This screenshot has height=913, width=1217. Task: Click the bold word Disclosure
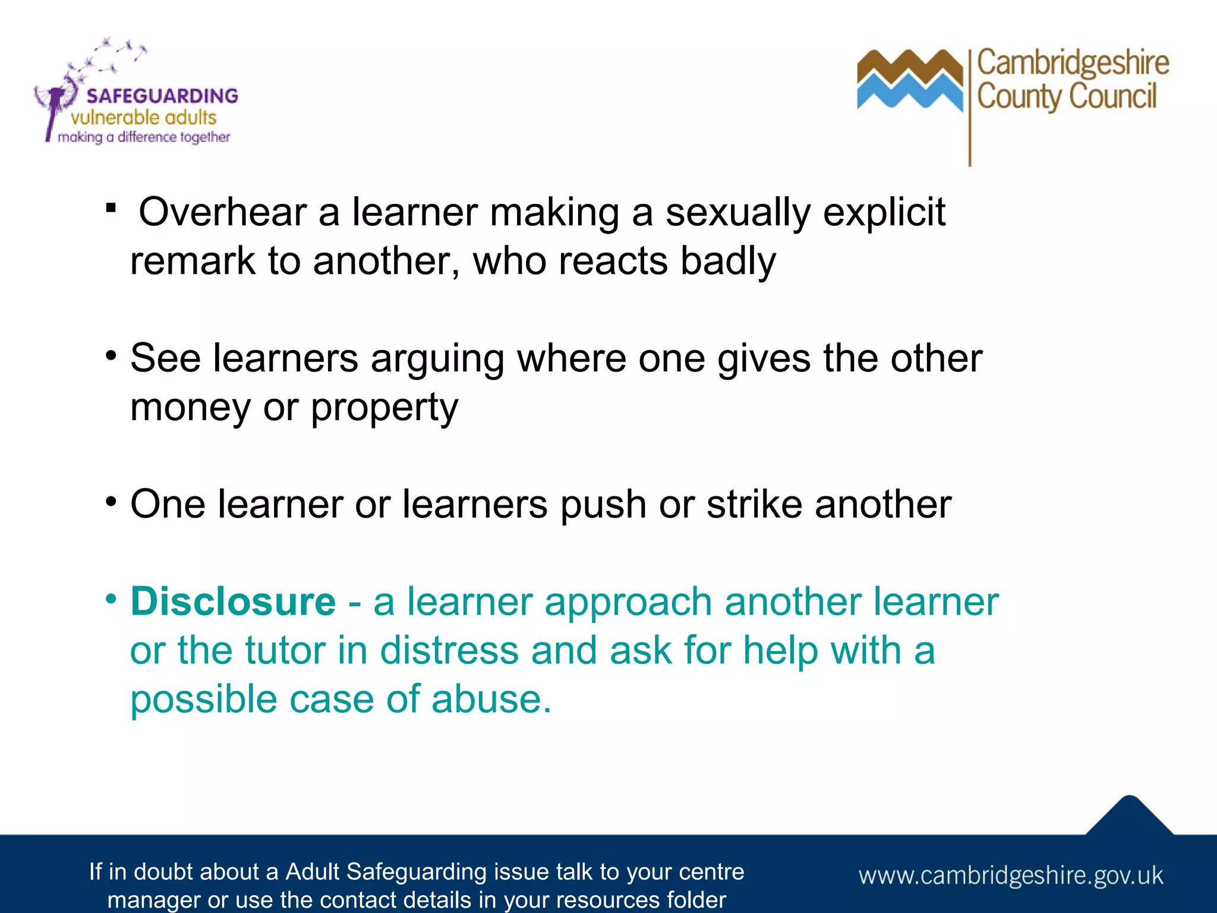pos(233,602)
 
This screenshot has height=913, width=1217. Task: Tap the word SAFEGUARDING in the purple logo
pos(162,96)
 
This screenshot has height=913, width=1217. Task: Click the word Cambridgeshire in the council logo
pos(1073,64)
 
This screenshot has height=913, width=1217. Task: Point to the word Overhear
pos(222,212)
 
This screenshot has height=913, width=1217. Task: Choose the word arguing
pos(437,360)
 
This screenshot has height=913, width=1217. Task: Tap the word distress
pos(449,650)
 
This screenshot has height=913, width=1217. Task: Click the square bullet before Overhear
pos(111,209)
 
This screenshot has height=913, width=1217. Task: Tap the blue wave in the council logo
pos(909,94)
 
